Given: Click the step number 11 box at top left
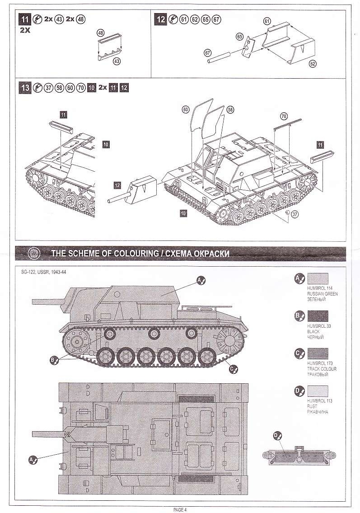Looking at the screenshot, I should click(25, 19).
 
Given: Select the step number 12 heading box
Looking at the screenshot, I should click(161, 19).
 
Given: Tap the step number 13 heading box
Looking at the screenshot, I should click(25, 88).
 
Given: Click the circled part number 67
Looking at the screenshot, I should click(207, 53).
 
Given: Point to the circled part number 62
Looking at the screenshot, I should click(313, 64).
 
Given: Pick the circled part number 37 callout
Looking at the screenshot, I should click(295, 214).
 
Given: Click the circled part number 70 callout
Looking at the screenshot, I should click(284, 116).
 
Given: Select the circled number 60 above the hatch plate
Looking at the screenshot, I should click(185, 110).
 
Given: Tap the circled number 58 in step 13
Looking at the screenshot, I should click(230, 110).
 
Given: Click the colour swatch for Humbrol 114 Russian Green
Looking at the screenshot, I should click(318, 279).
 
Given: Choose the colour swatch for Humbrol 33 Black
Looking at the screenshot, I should click(318, 316).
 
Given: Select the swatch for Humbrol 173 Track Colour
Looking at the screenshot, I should click(318, 353).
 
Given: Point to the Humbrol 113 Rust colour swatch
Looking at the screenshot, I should click(318, 391).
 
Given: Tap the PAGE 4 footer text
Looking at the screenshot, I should click(180, 509).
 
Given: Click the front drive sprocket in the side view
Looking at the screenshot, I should click(76, 342).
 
